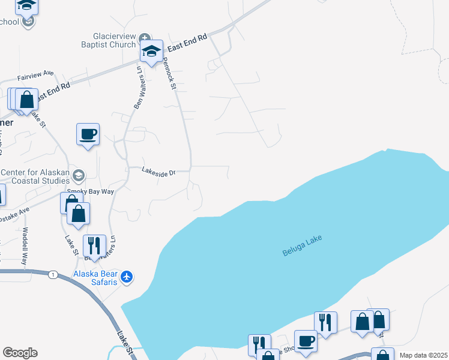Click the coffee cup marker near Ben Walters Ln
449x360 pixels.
click(x=88, y=134)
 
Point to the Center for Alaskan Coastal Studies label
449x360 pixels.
click(x=34, y=176)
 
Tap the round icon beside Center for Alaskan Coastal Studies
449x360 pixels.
click(x=78, y=176)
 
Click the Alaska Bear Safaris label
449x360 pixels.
click(x=95, y=278)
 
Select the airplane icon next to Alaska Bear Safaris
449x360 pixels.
click(x=126, y=277)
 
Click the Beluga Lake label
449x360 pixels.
click(x=302, y=246)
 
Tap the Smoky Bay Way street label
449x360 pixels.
click(x=90, y=191)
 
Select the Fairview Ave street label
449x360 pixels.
click(x=35, y=77)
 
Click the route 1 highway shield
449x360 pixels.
click(x=53, y=274)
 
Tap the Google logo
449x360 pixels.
click(x=20, y=353)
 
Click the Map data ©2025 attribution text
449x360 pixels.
click(x=423, y=355)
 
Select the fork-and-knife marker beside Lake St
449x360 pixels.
click(x=94, y=245)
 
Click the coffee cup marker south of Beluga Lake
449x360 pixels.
click(x=305, y=340)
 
